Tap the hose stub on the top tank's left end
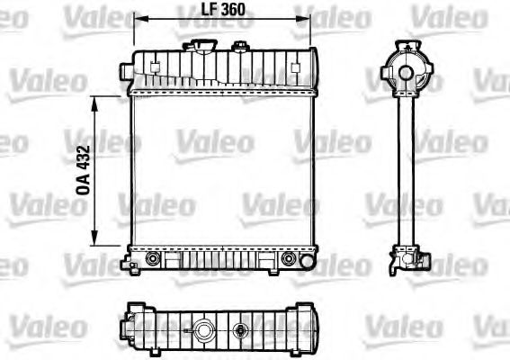click(128, 65)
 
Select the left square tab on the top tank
click(155, 65)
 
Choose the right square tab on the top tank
click(293, 65)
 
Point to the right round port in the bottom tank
click(289, 259)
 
